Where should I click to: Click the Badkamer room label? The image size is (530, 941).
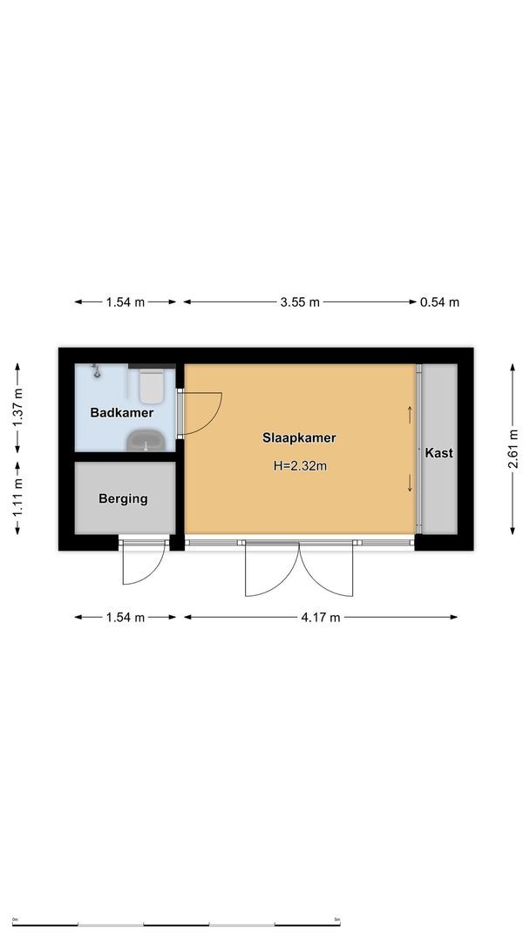tap(121, 412)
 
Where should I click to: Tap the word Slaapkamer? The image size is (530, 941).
tap(299, 438)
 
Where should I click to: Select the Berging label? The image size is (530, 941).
tap(123, 499)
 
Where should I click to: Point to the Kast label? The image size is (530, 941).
tap(438, 453)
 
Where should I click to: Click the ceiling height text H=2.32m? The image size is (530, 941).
tap(299, 466)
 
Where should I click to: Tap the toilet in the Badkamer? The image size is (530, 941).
tap(152, 384)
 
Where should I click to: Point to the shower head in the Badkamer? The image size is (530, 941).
tap(97, 371)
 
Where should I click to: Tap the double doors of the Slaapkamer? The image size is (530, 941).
tap(300, 568)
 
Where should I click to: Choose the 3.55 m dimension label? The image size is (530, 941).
tap(299, 302)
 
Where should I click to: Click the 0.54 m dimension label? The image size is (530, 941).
tap(439, 302)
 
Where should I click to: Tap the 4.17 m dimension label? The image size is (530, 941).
tap(319, 617)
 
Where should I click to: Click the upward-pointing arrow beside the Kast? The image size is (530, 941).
tap(410, 414)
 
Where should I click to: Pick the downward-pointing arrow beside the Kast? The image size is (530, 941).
tap(410, 484)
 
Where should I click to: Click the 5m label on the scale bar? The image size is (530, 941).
tap(336, 918)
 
